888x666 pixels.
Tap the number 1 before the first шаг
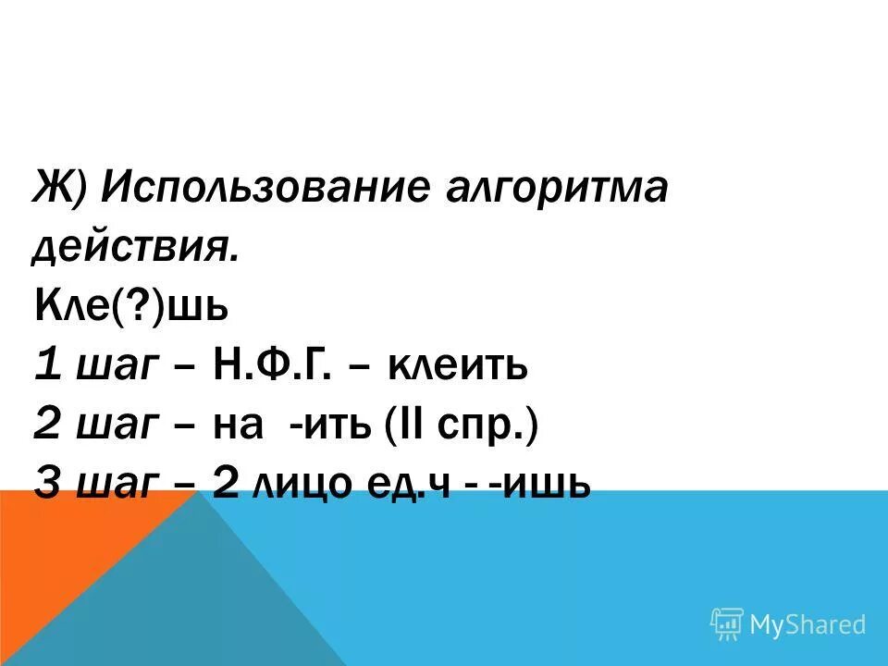pos(46,367)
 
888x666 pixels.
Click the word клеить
pos(457,367)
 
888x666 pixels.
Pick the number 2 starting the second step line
pos(47,426)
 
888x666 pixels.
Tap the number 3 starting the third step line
pos(47,485)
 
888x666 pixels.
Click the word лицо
pos(302,485)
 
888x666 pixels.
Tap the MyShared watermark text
pos(808,624)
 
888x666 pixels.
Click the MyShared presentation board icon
pos(727,624)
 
